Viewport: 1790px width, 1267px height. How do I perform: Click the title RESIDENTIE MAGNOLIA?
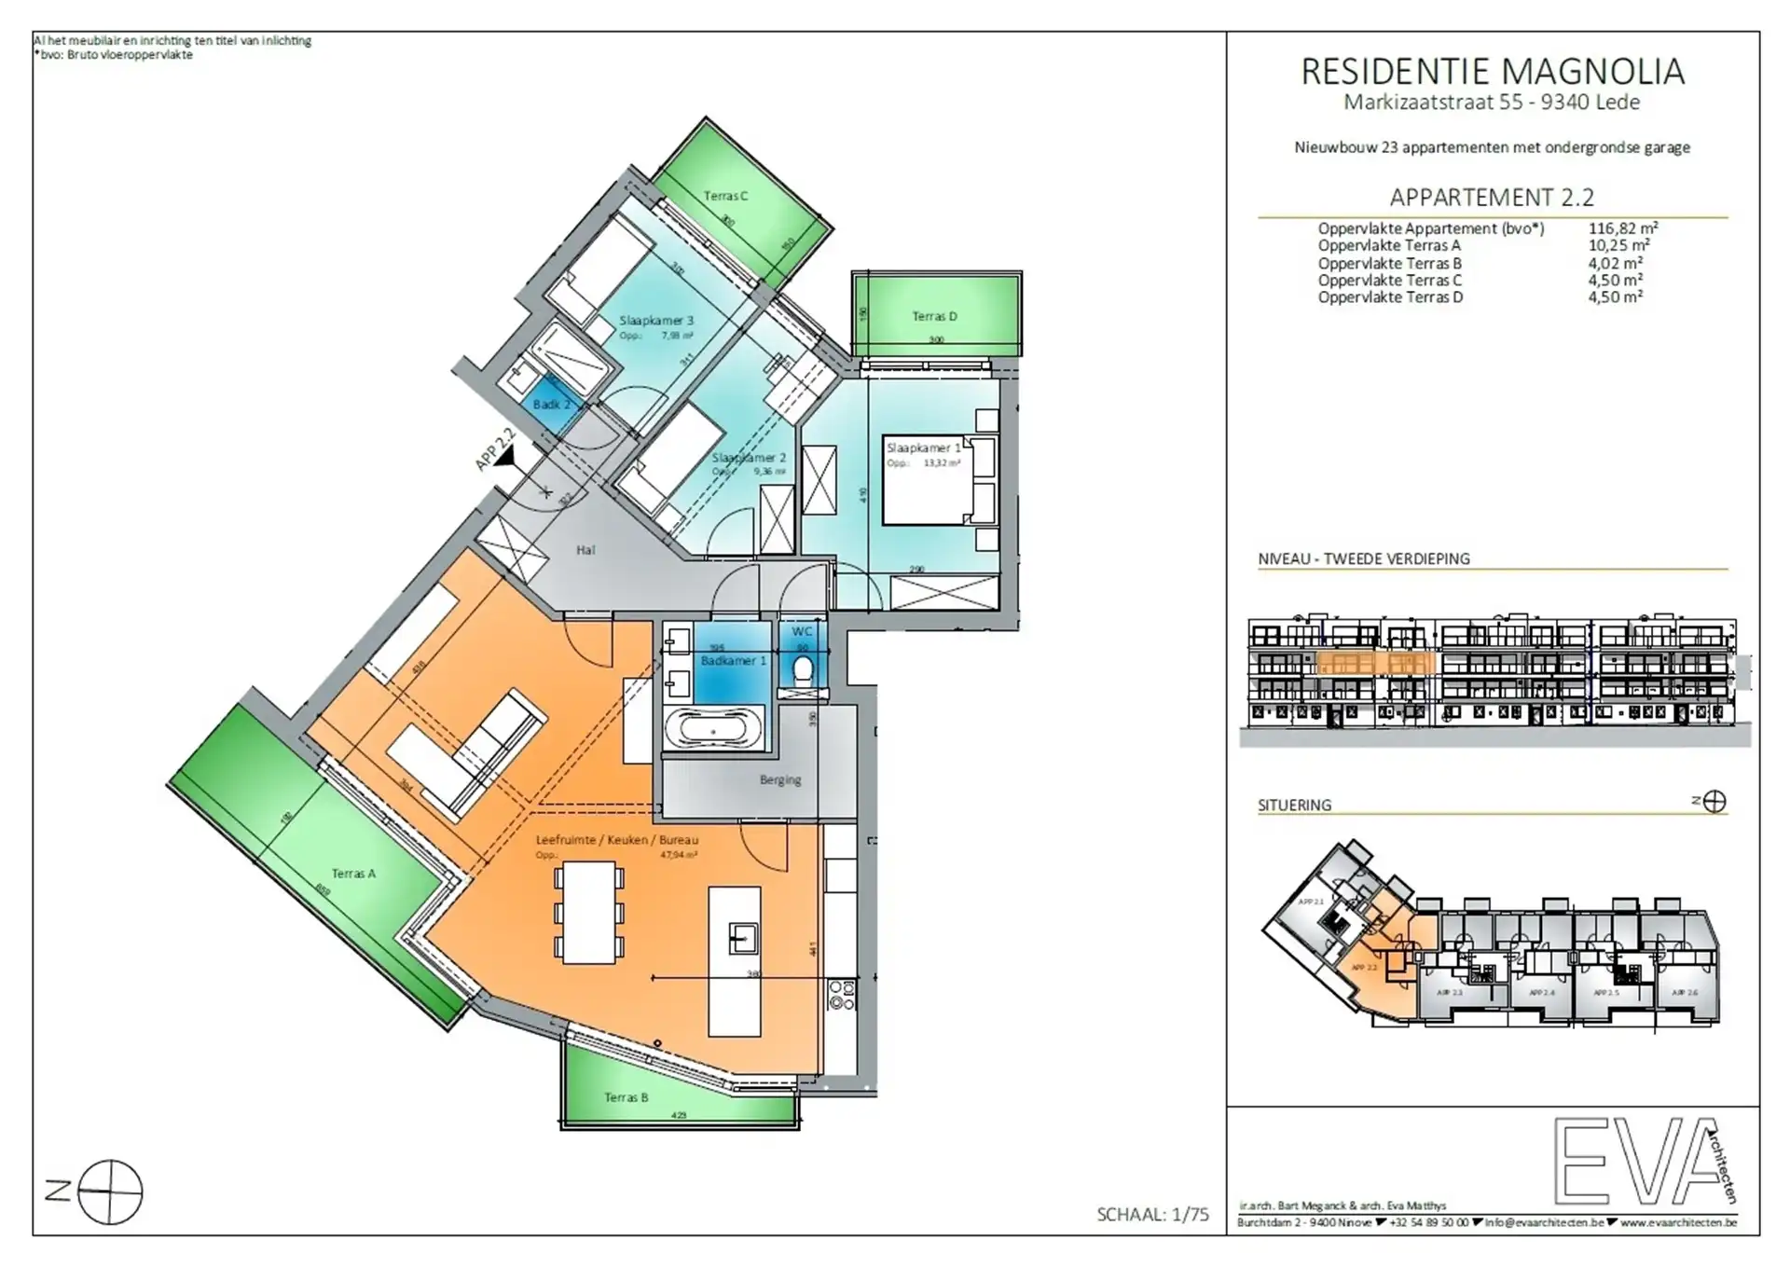point(1492,72)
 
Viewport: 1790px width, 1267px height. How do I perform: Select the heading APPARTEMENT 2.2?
point(1492,198)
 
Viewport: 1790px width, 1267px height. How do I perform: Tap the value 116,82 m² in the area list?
point(1622,228)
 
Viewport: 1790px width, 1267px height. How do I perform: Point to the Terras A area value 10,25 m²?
point(1618,245)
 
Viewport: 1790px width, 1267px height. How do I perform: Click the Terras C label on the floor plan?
point(725,196)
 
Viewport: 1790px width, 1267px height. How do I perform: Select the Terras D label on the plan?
point(934,316)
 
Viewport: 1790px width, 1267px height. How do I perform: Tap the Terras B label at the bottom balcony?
point(626,1097)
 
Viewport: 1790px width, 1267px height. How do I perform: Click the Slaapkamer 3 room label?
point(656,321)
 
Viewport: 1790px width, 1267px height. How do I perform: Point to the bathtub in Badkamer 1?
point(714,728)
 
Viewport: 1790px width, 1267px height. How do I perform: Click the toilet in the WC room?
point(802,669)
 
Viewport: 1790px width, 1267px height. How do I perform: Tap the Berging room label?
point(780,779)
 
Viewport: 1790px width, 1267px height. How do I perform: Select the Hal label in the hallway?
point(585,550)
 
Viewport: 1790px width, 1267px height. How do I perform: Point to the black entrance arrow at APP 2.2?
point(505,457)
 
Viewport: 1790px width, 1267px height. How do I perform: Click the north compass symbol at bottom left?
point(109,1191)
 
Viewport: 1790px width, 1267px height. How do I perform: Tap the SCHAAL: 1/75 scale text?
point(1152,1214)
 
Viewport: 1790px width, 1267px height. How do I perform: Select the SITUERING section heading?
point(1294,805)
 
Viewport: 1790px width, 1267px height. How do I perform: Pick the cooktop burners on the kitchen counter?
point(841,995)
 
